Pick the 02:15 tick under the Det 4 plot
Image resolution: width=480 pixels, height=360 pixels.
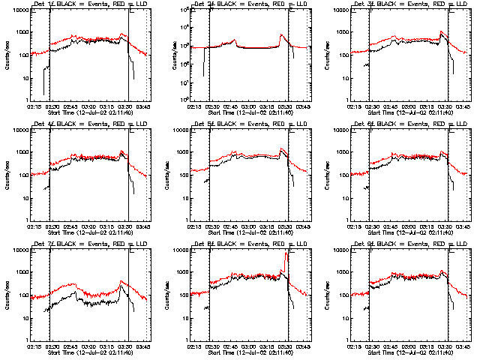click(x=34, y=226)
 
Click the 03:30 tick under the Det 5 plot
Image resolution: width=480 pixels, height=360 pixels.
click(x=283, y=226)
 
